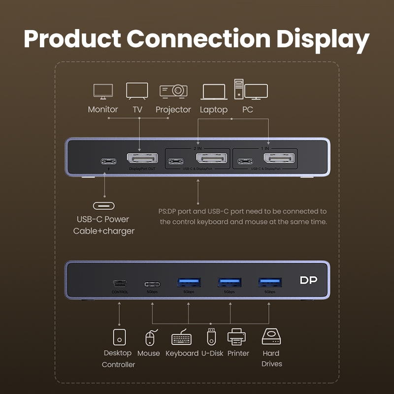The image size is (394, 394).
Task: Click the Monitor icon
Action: coord(103,91)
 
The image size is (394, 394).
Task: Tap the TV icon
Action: coord(137,91)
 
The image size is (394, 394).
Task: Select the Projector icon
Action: coord(173,91)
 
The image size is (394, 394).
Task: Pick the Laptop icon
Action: coord(213,92)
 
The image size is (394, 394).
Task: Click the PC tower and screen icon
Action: coord(251,90)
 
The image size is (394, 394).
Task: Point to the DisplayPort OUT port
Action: coord(142,159)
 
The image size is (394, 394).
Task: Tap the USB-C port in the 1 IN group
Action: coord(245,162)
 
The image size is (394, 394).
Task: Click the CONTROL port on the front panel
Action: coord(120,284)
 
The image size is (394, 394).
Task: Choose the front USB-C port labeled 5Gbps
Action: coord(152,284)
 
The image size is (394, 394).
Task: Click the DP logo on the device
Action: coord(309,280)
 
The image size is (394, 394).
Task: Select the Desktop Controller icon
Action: coord(119,337)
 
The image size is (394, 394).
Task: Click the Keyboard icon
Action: coord(181,339)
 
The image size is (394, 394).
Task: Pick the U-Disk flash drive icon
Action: coord(211,336)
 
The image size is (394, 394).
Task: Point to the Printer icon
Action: coord(236,337)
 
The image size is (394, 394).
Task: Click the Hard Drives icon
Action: coord(271,336)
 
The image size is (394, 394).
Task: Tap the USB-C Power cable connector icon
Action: coord(103,206)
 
